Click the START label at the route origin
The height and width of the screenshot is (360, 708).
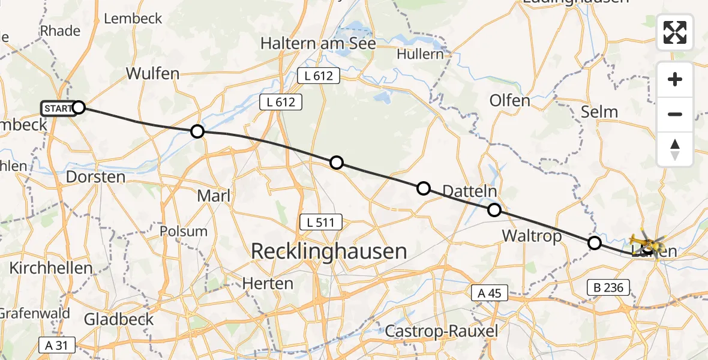(x=58, y=109)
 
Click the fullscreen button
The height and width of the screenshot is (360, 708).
(x=675, y=32)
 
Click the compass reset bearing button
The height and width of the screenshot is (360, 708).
(x=675, y=149)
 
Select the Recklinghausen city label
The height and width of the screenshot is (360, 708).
(x=328, y=251)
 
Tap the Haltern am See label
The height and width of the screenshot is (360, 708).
(x=318, y=43)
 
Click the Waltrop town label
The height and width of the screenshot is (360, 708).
(x=532, y=236)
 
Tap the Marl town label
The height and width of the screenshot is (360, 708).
(x=214, y=196)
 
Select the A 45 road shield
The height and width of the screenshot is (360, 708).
(x=490, y=294)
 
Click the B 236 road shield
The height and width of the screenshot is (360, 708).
(x=609, y=288)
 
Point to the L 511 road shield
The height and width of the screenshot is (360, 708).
(x=321, y=223)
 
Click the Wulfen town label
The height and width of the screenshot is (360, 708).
(x=152, y=74)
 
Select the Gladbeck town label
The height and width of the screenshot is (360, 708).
(x=119, y=319)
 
